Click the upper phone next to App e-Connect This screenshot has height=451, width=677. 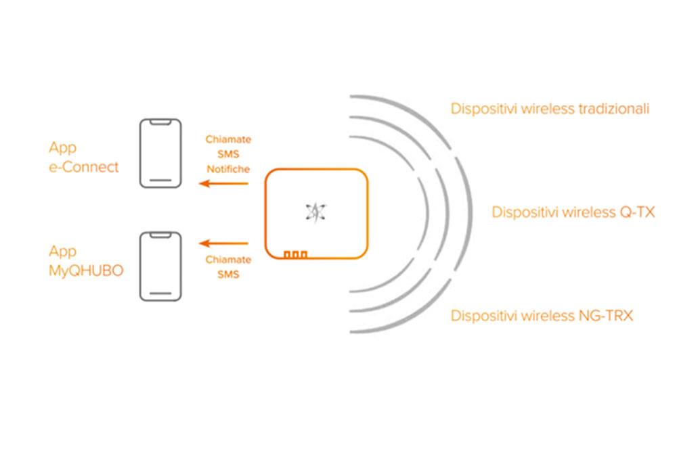[x=160, y=153]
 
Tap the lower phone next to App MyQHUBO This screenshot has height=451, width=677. [x=160, y=266]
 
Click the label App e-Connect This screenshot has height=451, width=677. [x=83, y=157]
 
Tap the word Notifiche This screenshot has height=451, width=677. [x=228, y=168]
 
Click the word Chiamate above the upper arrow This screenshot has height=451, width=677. [x=228, y=139]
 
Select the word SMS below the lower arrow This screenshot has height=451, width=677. [x=228, y=275]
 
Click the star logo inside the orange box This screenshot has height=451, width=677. [x=315, y=212]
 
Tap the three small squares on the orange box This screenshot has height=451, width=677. [x=295, y=254]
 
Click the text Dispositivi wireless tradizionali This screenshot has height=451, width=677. [x=550, y=109]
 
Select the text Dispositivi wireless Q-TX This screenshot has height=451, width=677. [x=573, y=212]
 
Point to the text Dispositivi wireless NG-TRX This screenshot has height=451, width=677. [x=542, y=315]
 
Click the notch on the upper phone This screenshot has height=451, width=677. [x=160, y=122]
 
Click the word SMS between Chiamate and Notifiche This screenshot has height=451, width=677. [x=228, y=154]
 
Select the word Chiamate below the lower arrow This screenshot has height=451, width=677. [x=228, y=260]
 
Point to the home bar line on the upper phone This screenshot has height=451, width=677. [x=160, y=181]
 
